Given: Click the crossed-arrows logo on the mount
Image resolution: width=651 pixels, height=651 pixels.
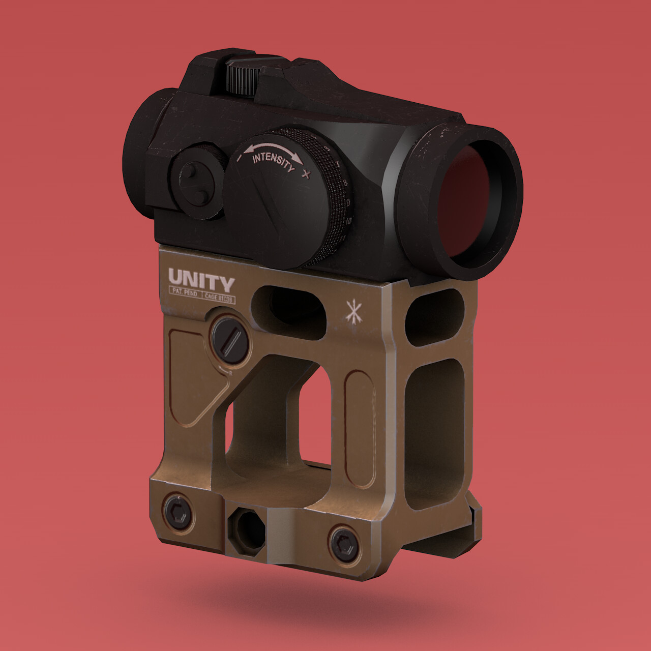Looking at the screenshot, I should (351, 311).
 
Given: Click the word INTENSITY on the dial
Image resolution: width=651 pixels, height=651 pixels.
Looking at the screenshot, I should (273, 160).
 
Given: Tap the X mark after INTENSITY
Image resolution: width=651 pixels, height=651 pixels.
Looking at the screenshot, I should (305, 175).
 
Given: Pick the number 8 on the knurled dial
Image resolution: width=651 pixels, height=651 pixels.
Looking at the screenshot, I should (346, 182).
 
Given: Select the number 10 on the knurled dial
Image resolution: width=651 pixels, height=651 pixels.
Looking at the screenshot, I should (348, 221).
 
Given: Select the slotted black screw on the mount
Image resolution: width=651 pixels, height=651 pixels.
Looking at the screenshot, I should (230, 338).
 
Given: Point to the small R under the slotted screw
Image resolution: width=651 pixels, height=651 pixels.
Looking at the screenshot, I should (230, 373).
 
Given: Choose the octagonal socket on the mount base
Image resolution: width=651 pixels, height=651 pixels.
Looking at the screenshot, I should (246, 531).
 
